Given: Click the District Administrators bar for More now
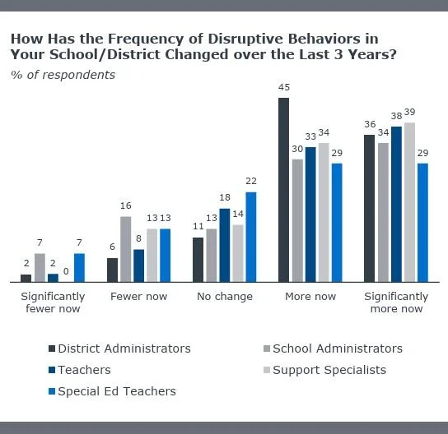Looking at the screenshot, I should point(283,190).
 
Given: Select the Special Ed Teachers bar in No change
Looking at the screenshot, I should point(251,238).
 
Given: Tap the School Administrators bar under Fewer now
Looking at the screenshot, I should point(126,249).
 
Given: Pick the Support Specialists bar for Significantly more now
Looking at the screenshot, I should point(409,202).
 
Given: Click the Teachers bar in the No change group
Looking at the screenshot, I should point(225,245).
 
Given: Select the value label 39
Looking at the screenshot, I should point(409,113).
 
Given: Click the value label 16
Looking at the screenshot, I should point(126,206).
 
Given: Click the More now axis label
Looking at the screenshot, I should point(310,296).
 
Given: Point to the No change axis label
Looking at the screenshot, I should point(224,296).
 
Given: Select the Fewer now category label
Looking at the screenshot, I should point(138,296).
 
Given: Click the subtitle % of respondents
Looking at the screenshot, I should point(63,75).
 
